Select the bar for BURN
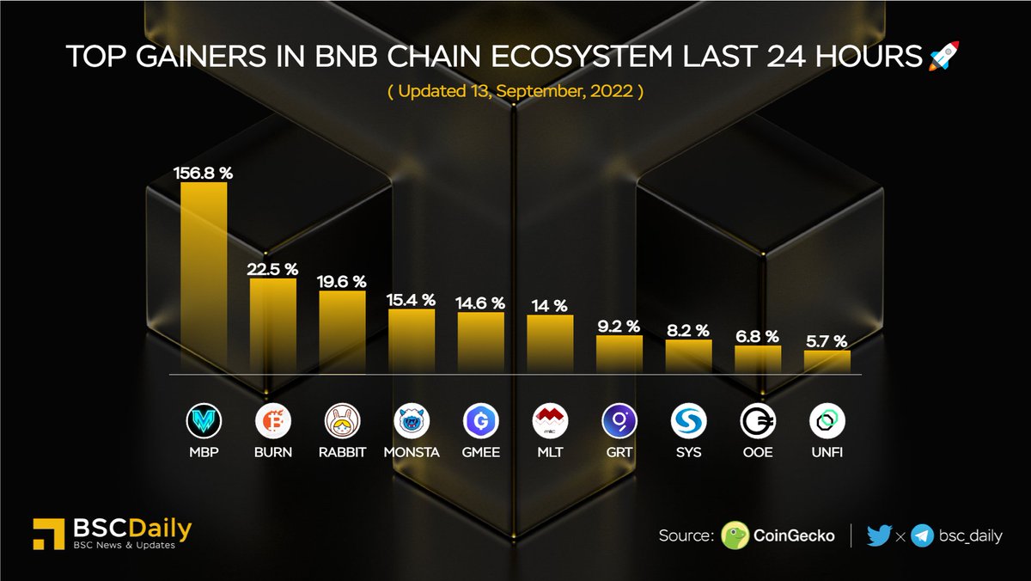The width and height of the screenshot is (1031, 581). (273, 326)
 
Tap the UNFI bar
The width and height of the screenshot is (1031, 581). (827, 362)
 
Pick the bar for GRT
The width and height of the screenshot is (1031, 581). (619, 354)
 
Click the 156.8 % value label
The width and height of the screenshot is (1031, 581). (204, 173)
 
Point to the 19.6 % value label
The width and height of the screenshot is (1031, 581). (342, 281)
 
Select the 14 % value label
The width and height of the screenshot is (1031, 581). (549, 305)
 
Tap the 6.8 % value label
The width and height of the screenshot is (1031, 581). (758, 336)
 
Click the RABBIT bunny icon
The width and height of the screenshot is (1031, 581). (342, 421)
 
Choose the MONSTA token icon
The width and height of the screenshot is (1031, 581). (412, 421)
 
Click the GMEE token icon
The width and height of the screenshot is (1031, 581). (480, 421)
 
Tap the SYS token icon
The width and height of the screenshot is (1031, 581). (688, 421)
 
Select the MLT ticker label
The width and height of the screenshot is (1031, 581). (550, 452)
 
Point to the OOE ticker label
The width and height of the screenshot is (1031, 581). (758, 452)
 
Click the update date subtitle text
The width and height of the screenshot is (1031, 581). (515, 92)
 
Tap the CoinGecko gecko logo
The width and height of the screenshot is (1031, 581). (735, 535)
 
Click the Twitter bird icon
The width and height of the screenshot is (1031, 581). (879, 535)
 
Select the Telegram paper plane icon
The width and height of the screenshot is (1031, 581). (923, 535)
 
